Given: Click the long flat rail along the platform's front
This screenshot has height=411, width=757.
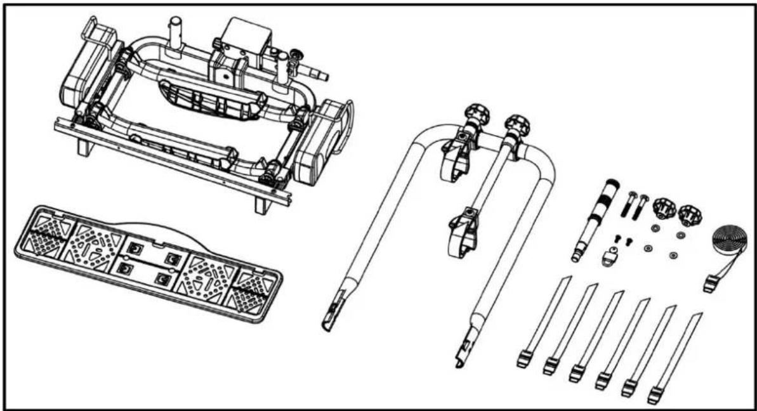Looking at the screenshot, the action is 171,158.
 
